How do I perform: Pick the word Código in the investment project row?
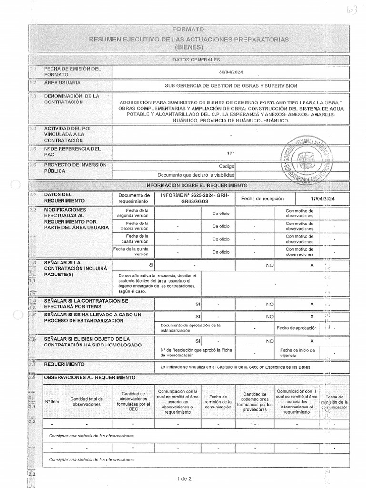point(227,167)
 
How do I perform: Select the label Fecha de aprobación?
point(295,328)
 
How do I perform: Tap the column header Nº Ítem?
point(52,401)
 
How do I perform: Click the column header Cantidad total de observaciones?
point(86,401)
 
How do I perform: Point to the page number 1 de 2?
point(184,478)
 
